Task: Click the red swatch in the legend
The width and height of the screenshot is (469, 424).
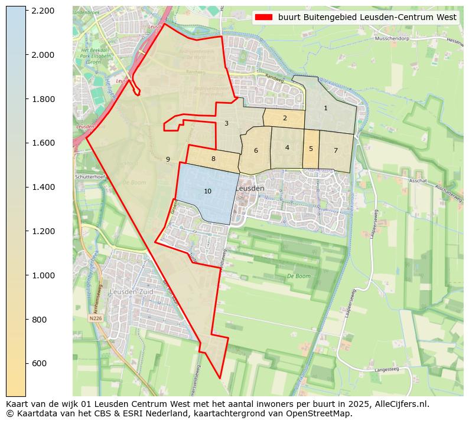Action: tap(263, 18)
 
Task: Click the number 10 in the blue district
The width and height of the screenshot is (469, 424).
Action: tap(207, 191)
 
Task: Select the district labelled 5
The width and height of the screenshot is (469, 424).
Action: tap(311, 149)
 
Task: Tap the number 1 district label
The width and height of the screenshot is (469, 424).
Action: tap(325, 108)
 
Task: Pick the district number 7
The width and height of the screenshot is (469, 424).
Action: tap(336, 150)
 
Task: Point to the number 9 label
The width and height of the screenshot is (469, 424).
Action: tap(168, 159)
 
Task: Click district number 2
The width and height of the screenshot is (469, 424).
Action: tap(285, 118)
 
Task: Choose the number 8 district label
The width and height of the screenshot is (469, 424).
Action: tap(213, 159)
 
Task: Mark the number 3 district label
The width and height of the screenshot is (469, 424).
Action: tap(226, 123)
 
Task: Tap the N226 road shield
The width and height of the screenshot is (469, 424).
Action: tap(95, 318)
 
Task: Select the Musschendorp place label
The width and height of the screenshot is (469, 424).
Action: tap(393, 39)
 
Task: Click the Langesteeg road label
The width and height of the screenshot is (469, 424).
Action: tap(387, 370)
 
